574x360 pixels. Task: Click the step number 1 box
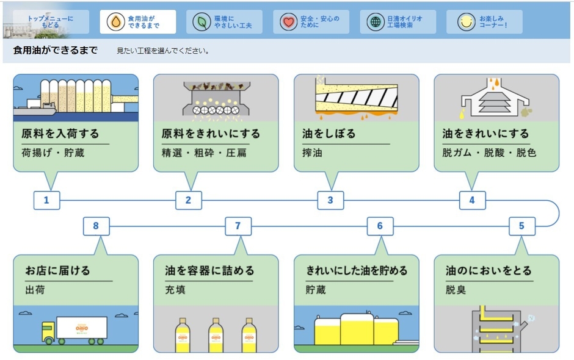coord(46,200)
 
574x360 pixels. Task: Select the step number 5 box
coord(521,226)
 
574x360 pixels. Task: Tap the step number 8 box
coord(96,226)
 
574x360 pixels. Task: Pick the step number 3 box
coord(330,200)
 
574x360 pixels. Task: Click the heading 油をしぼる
coord(329,133)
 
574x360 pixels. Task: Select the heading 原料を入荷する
coord(60,133)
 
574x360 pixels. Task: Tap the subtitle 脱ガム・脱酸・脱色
coord(489,153)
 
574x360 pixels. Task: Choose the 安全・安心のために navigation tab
coord(311,22)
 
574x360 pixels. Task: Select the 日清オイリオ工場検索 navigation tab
coord(398,22)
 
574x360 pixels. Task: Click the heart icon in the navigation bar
coord(288,22)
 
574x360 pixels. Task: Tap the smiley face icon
coord(466,22)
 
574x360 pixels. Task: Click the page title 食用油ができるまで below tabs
coord(55,50)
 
